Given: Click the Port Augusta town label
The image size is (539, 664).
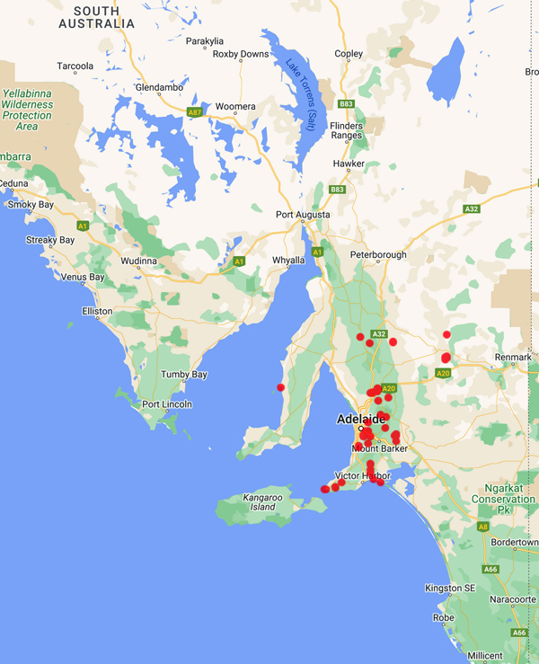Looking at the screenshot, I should point(303,215).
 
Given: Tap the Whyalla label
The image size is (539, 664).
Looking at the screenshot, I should point(289,261).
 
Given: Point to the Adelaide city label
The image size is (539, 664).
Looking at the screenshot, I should point(360,419).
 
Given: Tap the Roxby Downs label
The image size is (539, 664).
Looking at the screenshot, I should point(241,54).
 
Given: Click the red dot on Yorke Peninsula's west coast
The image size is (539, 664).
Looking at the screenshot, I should point(281,387).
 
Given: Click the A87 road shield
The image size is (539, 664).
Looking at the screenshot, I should point(195,111).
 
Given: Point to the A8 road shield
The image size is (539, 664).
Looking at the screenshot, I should point(483,527).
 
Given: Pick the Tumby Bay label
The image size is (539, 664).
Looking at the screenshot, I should point(183,374).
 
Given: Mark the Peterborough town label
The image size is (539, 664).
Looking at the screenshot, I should point(378,254).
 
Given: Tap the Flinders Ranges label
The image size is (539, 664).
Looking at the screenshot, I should point(346,130).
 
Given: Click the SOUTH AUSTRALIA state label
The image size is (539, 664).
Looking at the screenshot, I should point(96,17).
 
